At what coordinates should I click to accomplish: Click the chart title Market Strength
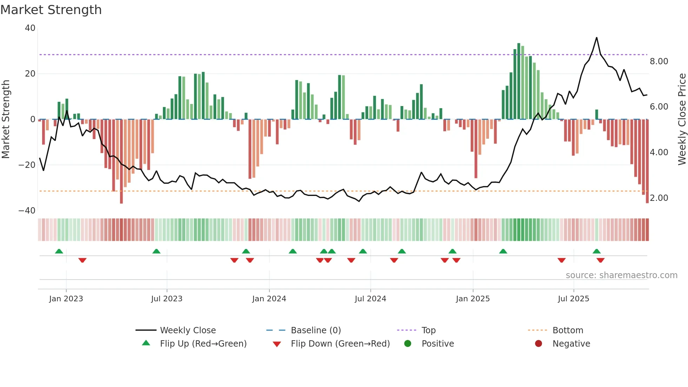tap(51, 10)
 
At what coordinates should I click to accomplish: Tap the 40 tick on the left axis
tap(30, 28)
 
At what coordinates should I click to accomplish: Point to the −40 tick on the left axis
tap(27, 211)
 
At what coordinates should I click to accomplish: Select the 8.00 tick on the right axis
tap(659, 61)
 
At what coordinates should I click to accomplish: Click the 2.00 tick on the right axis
tap(659, 198)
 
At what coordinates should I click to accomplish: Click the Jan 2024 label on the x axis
tap(269, 299)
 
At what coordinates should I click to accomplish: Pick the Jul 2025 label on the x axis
tap(573, 299)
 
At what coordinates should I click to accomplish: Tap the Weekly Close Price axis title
tap(682, 119)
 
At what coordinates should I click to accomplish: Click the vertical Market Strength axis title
tap(6, 119)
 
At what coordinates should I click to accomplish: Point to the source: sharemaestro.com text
tap(621, 275)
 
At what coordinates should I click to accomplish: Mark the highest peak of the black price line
tap(596, 38)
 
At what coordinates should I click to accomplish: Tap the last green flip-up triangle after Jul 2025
tap(596, 251)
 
